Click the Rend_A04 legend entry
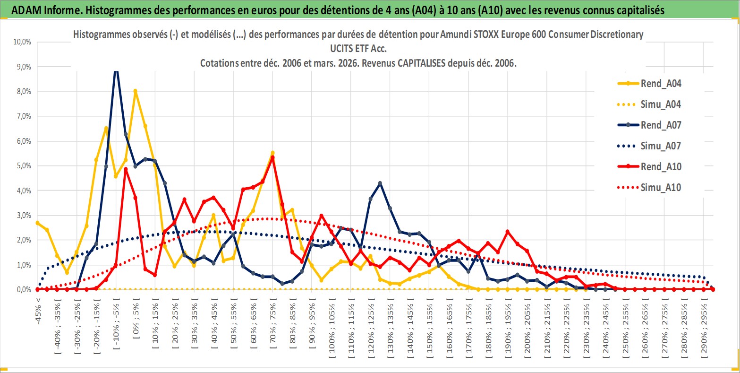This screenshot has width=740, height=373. point(661,84)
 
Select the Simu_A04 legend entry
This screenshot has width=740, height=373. point(661,104)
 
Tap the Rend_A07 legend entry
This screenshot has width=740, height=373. point(661,125)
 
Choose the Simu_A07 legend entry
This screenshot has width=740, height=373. point(661,146)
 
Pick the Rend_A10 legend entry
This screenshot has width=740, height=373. point(661,166)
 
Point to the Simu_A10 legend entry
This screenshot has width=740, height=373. point(661,188)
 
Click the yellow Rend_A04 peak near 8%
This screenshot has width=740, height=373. point(135,91)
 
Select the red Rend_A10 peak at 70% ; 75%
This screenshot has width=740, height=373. point(272,157)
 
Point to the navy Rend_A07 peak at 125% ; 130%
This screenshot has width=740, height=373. point(380,183)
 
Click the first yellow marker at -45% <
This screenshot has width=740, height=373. point(38,223)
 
